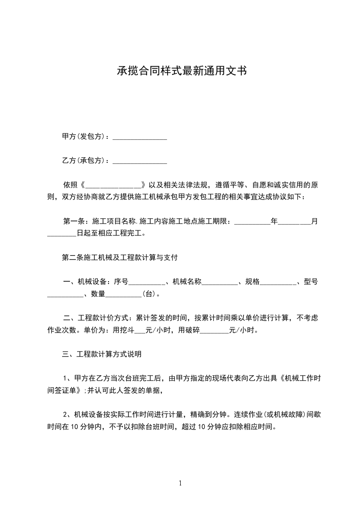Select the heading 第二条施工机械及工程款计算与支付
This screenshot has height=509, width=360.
pos(119,258)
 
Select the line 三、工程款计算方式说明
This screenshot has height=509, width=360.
pos(102,354)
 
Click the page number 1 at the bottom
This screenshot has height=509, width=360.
pos(180,483)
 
